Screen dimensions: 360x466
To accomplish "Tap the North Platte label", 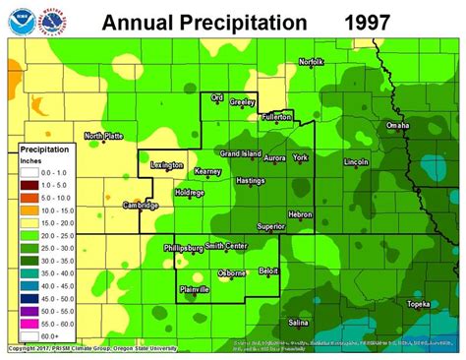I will tap(103, 136).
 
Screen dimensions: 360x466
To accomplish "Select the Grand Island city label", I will tap(240, 154).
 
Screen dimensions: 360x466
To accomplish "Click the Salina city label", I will tap(299, 322).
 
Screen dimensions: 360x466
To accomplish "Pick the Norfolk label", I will tap(311, 62).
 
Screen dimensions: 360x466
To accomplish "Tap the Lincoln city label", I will tap(356, 160).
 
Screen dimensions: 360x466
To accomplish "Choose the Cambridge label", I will tap(141, 205).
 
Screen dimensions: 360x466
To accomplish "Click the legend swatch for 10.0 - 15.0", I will tap(30, 210).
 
